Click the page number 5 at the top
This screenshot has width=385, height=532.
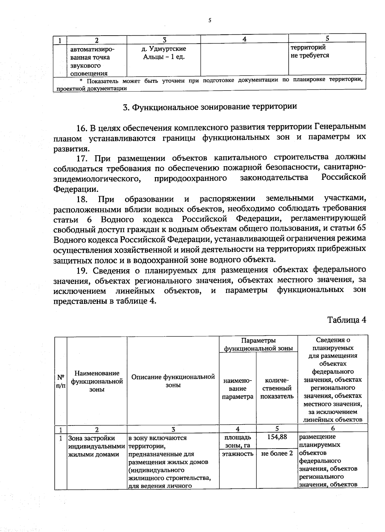point(210,21)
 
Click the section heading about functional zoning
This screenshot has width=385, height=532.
point(210,107)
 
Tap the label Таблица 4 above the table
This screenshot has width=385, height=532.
point(346,320)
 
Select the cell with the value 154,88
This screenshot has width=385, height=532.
point(277,437)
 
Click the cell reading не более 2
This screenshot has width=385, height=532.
point(277,453)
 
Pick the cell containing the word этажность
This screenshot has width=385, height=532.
point(237,453)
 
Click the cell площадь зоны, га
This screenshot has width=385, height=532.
point(237,441)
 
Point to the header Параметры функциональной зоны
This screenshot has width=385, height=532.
point(258,344)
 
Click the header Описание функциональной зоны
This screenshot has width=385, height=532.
point(173,381)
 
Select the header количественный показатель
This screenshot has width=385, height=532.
point(277,388)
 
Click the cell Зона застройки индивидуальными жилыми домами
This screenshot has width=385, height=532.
point(96,446)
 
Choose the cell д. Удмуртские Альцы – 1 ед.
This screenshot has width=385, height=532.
point(164,53)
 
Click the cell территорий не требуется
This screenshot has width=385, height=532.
point(310,51)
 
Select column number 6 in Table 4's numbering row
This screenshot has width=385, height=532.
point(333,428)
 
